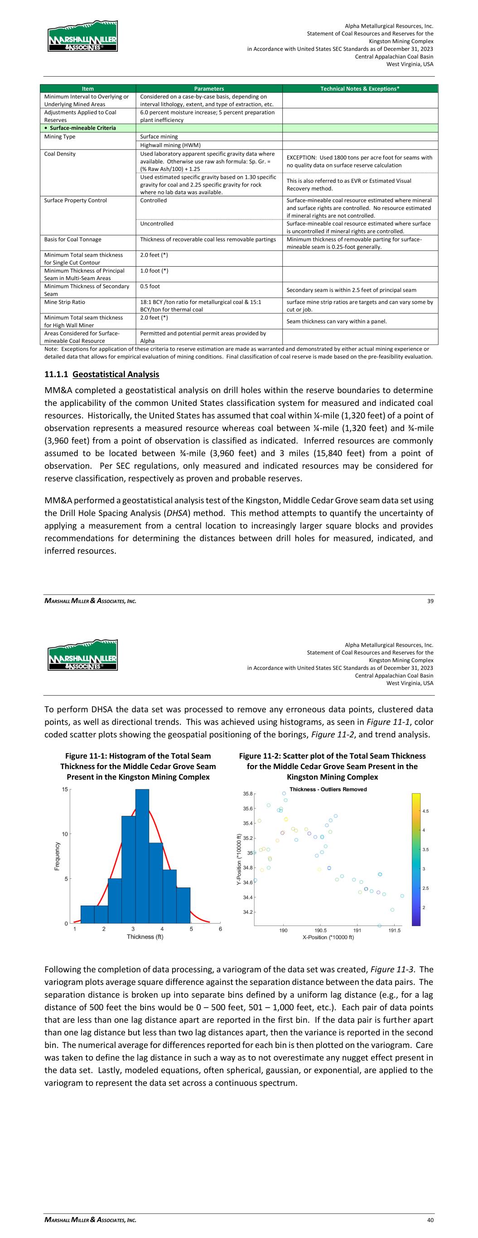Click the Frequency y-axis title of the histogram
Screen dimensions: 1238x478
(57, 856)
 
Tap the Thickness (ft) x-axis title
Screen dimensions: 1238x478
(145, 936)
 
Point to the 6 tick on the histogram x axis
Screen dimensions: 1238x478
(221, 929)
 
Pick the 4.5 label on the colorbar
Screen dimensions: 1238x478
(425, 811)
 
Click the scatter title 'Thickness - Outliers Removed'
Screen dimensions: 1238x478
(328, 789)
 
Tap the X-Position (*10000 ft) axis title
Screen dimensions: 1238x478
(328, 937)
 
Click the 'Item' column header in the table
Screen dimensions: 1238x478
(88, 88)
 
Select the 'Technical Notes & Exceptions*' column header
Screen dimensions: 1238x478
(360, 88)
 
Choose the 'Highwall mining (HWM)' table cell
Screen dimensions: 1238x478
(170, 145)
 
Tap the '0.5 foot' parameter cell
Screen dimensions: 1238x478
(150, 287)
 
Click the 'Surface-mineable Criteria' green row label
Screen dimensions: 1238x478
(82, 128)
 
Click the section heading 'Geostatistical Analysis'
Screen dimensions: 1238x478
(116, 374)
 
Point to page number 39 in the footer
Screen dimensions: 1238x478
(430, 601)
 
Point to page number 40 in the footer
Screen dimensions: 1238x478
(430, 1220)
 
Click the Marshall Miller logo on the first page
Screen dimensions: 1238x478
(82, 36)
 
